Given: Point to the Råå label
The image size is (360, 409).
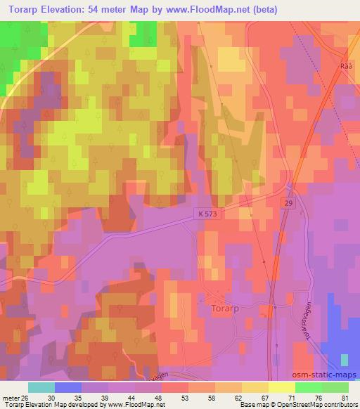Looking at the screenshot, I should click(344, 65).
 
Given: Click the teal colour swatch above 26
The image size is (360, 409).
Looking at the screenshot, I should click(41, 387).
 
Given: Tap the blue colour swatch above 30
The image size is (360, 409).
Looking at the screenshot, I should click(68, 387).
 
